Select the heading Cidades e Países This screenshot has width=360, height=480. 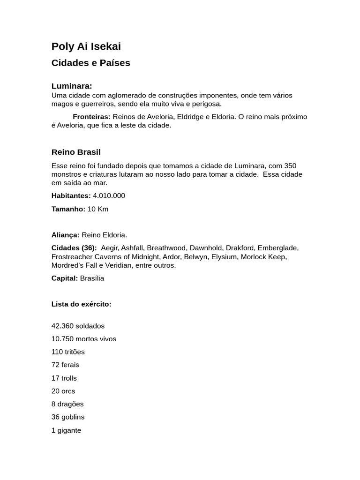(90, 63)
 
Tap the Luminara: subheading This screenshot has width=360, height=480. (72, 86)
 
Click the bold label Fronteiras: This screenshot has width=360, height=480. (91, 117)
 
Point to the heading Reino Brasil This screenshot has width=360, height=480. (76, 152)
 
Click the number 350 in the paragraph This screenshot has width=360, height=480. (290, 166)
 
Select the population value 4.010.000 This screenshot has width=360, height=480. (109, 196)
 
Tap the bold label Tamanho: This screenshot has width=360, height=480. (68, 209)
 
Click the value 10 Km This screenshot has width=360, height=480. (98, 209)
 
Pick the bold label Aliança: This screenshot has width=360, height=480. (65, 235)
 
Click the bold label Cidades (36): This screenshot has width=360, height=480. (74, 248)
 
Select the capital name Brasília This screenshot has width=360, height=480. (92, 278)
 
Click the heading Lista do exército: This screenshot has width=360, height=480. (81, 304)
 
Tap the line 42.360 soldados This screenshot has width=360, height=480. (78, 326)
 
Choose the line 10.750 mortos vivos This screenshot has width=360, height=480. (83, 339)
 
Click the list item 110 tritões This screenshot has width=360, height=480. (68, 352)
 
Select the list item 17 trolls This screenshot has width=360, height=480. (64, 378)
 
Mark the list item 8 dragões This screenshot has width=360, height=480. (67, 404)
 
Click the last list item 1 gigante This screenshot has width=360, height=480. (66, 430)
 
